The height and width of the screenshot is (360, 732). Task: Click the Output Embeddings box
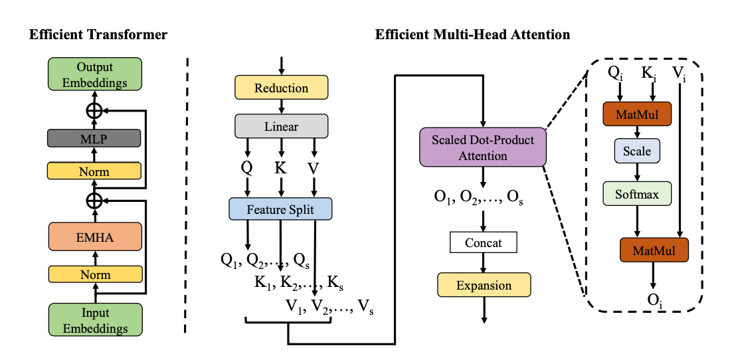[x=95, y=74]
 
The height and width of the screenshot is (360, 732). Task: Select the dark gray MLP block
[x=94, y=138]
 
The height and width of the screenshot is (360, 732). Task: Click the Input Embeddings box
[x=95, y=319]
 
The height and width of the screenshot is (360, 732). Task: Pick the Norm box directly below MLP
[x=94, y=171]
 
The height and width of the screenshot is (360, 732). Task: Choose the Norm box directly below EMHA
[x=94, y=274]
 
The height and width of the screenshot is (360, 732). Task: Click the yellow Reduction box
[x=281, y=88]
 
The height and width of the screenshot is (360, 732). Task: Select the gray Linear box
[x=281, y=126]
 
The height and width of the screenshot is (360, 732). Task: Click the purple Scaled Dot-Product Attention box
[x=483, y=148]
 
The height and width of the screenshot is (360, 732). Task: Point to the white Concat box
[x=484, y=242]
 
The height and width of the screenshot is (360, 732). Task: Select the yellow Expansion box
[x=484, y=286]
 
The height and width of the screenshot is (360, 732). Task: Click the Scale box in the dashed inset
[x=636, y=151]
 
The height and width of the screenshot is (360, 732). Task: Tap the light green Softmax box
[x=636, y=194]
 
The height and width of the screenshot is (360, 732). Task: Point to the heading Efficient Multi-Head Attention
[x=472, y=35]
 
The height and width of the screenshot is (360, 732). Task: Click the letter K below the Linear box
[x=280, y=167]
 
